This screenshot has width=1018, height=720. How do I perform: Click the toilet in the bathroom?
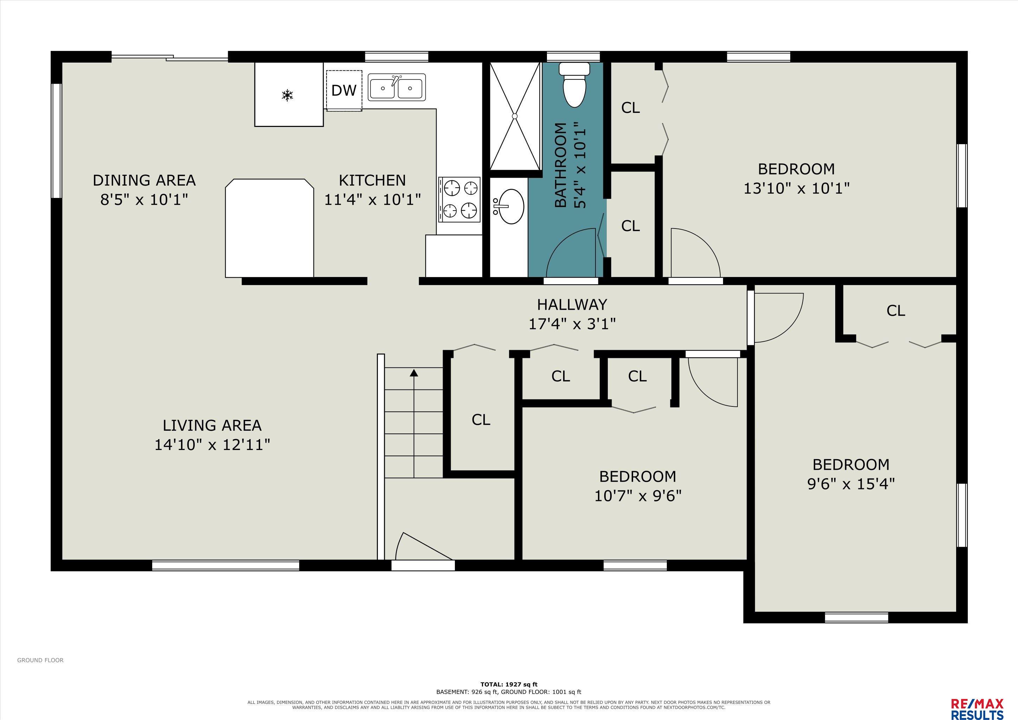(574, 85)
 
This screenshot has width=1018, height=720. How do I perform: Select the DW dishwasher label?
(344, 90)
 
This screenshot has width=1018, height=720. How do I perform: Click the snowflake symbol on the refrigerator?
(288, 95)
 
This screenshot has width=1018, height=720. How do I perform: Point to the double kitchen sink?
(397, 87)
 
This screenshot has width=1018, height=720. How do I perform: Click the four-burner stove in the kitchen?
(459, 199)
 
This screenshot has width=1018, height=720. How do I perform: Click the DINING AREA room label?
(144, 180)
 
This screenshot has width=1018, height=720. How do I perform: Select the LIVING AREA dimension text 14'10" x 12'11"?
(212, 444)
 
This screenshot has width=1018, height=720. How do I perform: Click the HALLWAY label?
(572, 304)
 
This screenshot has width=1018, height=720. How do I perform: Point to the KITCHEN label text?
(372, 180)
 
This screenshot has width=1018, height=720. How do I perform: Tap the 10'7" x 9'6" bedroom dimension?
(638, 496)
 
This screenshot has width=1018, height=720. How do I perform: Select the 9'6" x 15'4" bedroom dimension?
(851, 484)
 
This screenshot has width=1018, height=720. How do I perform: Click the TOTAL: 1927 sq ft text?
(509, 684)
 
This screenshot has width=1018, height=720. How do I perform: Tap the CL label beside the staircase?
(481, 419)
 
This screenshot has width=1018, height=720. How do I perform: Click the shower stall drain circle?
(515, 116)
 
